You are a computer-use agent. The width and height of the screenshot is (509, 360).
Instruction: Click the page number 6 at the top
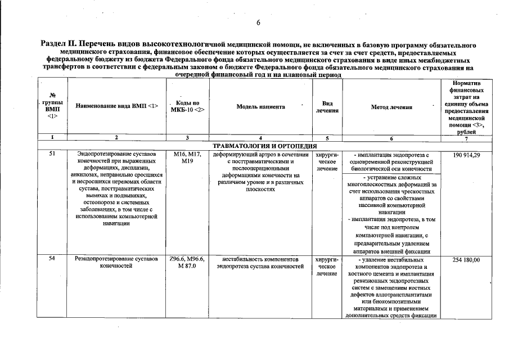click(258, 23)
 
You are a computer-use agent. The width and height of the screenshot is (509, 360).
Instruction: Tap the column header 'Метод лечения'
click(391, 107)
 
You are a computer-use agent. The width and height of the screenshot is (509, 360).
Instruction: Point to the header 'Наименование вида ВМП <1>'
click(117, 106)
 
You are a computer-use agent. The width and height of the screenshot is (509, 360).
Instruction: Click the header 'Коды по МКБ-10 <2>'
click(187, 106)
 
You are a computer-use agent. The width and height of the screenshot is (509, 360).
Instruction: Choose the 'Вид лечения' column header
click(327, 107)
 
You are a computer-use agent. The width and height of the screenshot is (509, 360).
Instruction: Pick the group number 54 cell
click(51, 259)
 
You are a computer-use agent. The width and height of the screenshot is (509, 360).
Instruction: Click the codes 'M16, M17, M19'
click(187, 158)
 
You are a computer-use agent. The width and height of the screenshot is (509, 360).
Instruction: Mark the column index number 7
click(465, 138)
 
